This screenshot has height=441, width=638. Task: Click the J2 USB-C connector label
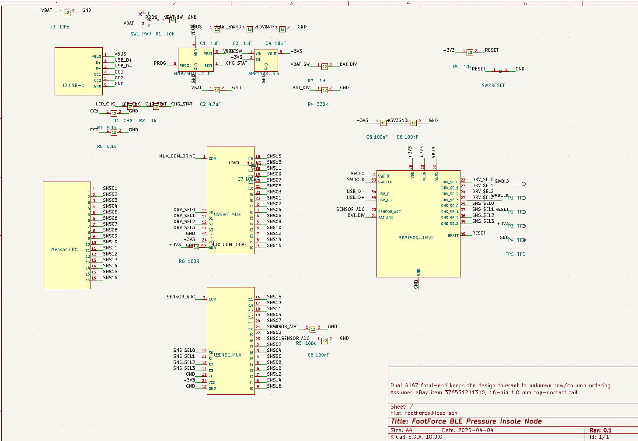73,85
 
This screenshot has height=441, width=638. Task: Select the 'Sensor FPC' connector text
65,249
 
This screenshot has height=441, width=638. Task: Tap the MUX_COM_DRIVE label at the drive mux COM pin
177,156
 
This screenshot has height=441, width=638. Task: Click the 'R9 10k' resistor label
462,67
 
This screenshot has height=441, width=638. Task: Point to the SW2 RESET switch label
493,86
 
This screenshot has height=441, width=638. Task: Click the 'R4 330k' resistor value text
318,105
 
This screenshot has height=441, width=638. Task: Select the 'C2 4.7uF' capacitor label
210,105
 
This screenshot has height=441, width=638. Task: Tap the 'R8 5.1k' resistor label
107,147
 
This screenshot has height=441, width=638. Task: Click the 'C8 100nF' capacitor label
318,355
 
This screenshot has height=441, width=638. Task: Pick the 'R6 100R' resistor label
189,262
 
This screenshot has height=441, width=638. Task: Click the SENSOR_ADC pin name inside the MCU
389,212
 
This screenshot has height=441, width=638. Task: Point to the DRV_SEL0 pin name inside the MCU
450,182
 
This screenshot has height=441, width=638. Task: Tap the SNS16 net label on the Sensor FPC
110,278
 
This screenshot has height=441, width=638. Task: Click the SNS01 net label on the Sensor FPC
110,189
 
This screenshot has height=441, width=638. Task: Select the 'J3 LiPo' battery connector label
60,27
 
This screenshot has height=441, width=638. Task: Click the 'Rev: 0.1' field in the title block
600,430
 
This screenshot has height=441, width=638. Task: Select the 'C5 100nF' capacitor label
377,137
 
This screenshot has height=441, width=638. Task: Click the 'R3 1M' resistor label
317,81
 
